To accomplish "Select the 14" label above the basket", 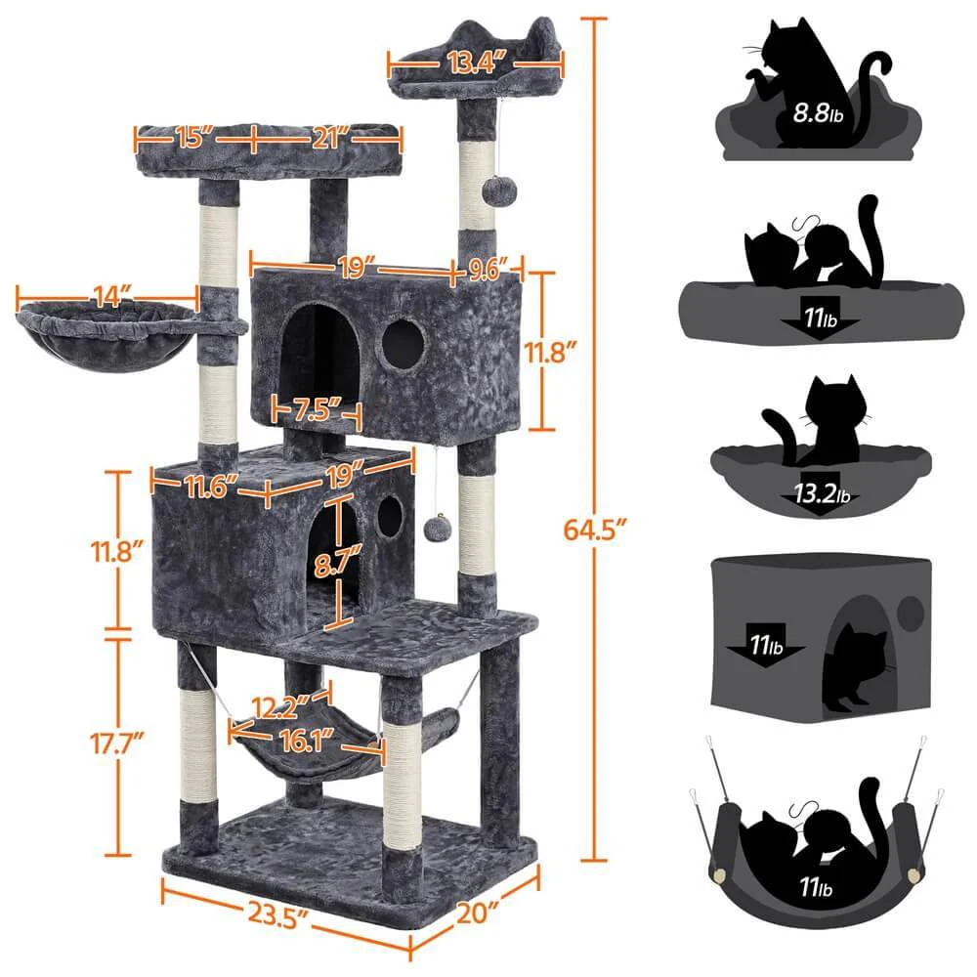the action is tap(110, 295).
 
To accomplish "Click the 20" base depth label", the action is tap(478, 913).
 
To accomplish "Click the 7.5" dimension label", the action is tap(319, 410).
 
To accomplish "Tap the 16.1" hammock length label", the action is tap(303, 741).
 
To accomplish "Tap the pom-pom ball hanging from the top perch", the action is tap(495, 190).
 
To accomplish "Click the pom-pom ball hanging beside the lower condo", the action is tap(435, 529).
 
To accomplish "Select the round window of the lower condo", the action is tap(390, 516).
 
